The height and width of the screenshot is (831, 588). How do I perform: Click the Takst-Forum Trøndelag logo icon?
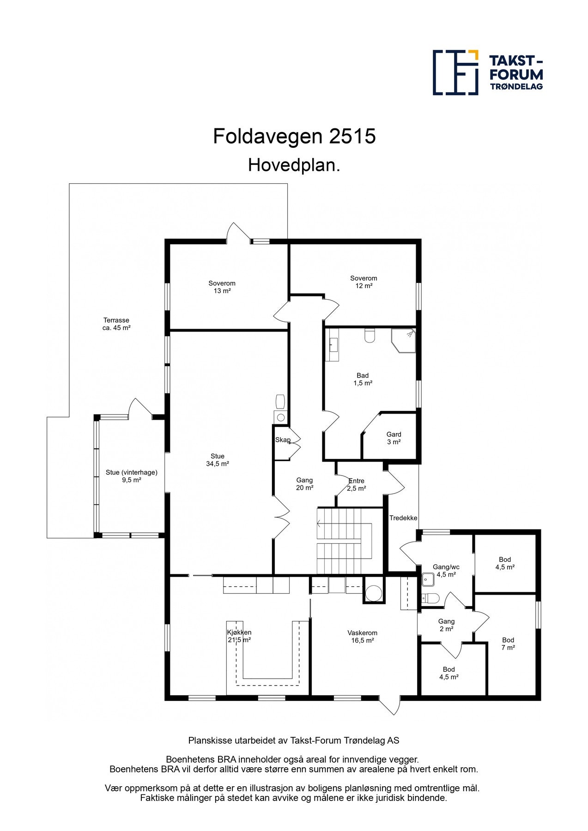pyautogui.click(x=455, y=72)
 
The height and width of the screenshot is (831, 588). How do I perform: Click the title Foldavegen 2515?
pyautogui.click(x=294, y=137)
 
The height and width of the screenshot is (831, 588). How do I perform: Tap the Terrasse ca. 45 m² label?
pyautogui.click(x=116, y=324)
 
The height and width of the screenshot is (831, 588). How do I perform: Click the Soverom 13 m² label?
pyautogui.click(x=222, y=287)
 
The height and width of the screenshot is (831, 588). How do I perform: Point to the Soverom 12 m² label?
pyautogui.click(x=364, y=282)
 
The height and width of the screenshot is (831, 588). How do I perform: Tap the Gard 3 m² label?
pyautogui.click(x=394, y=438)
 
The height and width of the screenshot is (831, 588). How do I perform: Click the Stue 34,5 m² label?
pyautogui.click(x=218, y=460)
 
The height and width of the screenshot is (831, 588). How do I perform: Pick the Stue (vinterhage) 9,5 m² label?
pyautogui.click(x=131, y=476)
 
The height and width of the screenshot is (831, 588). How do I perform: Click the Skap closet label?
pyautogui.click(x=283, y=440)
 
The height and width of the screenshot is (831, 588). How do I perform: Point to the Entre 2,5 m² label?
pyautogui.click(x=356, y=485)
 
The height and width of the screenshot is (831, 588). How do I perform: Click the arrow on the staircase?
pyautogui.click(x=320, y=523)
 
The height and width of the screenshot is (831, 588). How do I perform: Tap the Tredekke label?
pyautogui.click(x=403, y=518)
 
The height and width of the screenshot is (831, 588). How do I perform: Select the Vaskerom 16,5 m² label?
pyautogui.click(x=363, y=637)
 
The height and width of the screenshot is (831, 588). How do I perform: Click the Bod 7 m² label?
pyautogui.click(x=508, y=644)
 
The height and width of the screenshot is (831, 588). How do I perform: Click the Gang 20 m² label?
pyautogui.click(x=304, y=484)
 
